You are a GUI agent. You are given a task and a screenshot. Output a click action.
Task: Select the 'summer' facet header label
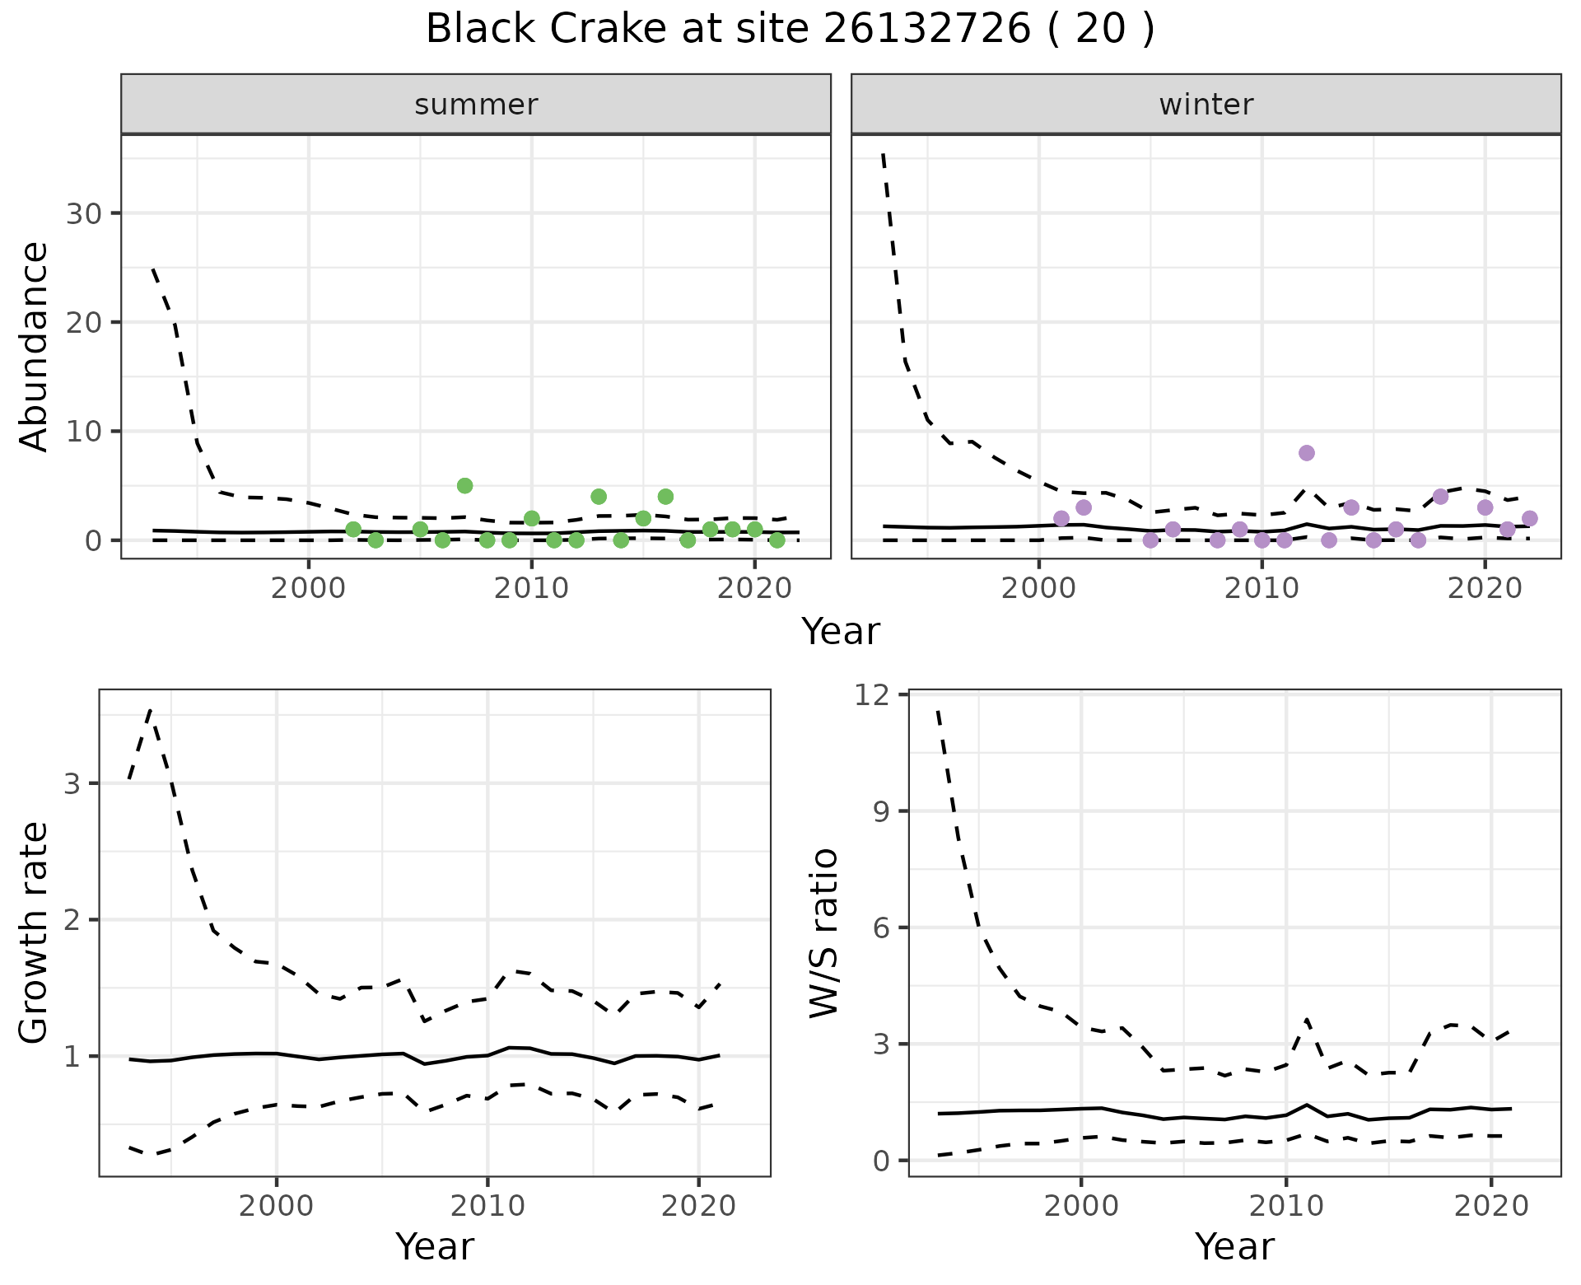click(476, 105)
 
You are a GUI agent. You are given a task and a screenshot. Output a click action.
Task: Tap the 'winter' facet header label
click(1206, 105)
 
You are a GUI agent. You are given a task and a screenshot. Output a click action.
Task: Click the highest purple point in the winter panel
click(1306, 453)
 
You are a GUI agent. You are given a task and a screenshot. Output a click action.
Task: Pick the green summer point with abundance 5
click(464, 485)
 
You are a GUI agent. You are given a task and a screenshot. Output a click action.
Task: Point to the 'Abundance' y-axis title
click(35, 346)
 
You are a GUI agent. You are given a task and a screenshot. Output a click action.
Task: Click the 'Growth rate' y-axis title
click(35, 933)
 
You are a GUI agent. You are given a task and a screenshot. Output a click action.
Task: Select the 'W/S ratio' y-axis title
click(823, 933)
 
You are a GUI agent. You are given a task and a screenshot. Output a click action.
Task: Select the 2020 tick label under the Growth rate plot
click(698, 1207)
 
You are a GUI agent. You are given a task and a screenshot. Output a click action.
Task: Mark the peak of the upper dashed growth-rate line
click(150, 709)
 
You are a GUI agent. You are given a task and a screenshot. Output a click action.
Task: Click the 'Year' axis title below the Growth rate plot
click(435, 1246)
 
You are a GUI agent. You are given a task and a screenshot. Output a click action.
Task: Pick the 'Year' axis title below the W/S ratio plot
click(1234, 1246)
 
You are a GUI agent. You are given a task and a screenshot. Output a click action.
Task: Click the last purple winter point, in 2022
click(1529, 518)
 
